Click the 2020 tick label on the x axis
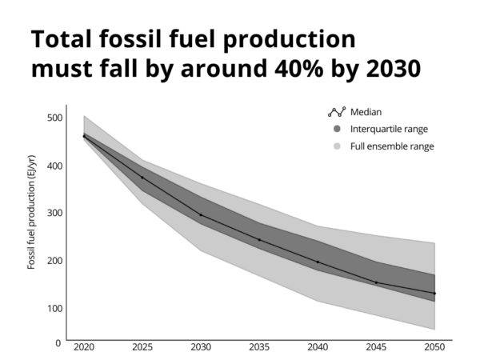[84, 349]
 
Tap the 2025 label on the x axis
[142, 349]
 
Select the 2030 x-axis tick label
[201, 349]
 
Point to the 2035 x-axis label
[259, 349]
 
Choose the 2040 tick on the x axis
[318, 349]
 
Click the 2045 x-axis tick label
[376, 349]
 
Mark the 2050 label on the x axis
[434, 349]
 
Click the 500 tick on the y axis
[54, 118]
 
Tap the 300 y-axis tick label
[54, 213]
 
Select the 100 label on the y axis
[54, 308]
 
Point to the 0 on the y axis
[58, 343]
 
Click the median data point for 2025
[142, 177]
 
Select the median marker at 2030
[201, 215]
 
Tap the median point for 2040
[318, 262]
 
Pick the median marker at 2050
[434, 294]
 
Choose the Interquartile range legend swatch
[337, 129]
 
